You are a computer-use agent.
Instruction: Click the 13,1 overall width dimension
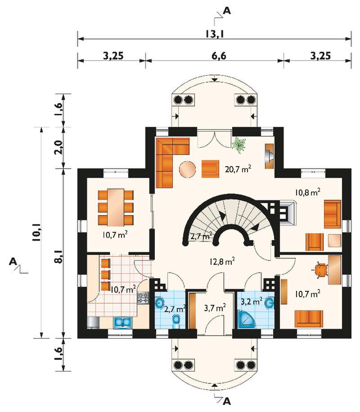pos(214,34)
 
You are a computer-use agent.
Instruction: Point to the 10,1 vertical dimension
pos(37,233)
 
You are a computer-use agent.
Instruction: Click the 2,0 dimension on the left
pos(59,147)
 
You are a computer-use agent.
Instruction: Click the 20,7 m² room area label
pos(238,169)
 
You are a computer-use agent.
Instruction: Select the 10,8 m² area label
pos(307,192)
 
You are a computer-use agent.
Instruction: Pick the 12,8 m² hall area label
pos(222,262)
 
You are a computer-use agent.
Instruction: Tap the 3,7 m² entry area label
pos(215,308)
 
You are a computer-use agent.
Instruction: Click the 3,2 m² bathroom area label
pos(252,301)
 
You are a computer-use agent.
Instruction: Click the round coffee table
pos(187,169)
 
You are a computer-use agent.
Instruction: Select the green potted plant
pos(239,145)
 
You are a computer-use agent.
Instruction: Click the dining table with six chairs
pos(116,207)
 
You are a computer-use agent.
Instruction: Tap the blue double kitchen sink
pos(122,322)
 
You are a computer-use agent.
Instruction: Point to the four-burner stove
pos(143,298)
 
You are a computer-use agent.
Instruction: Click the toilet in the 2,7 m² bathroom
pos(176,321)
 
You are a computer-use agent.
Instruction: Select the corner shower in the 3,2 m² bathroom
pos(246,319)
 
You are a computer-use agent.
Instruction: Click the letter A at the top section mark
pos(227,10)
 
